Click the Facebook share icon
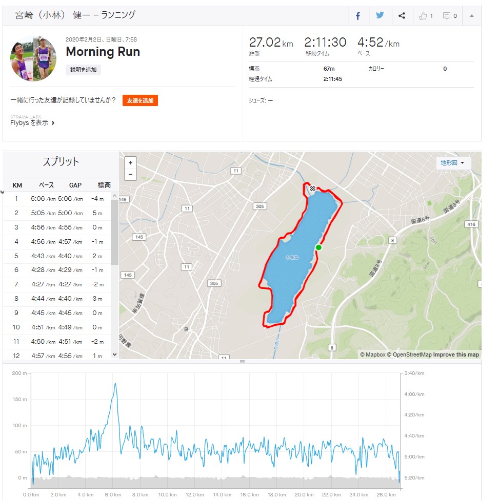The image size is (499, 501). [x=358, y=16]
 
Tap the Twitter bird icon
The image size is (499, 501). [x=380, y=15]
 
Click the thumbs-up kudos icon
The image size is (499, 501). [x=423, y=16]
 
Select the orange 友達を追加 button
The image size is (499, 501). [x=140, y=100]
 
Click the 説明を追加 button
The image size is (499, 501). [x=83, y=70]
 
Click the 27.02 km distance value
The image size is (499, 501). [x=264, y=43]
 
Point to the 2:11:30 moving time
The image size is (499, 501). [x=325, y=43]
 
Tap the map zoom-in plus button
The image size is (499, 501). [x=130, y=162]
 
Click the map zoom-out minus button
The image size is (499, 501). [x=130, y=174]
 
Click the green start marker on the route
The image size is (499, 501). [x=318, y=247]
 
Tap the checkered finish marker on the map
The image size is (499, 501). [x=312, y=189]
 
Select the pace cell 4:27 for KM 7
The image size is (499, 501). [x=43, y=285]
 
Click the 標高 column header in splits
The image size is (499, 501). [x=104, y=185]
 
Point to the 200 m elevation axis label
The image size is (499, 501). [x=19, y=373]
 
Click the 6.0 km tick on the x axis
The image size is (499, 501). [x=113, y=495]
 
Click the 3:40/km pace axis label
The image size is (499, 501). [x=414, y=373]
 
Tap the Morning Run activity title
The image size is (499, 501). [x=103, y=52]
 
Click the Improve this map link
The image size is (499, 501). [x=456, y=354]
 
